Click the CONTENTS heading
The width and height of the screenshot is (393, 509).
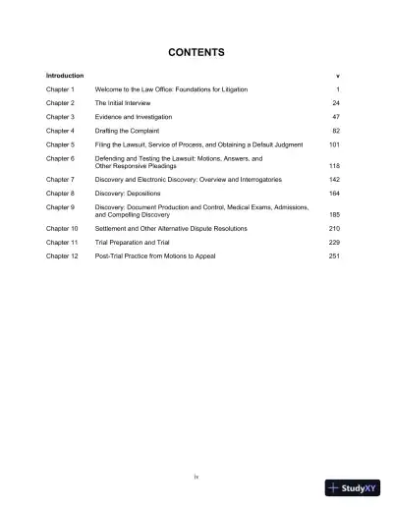pos(196,52)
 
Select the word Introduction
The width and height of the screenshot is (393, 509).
pos(65,75)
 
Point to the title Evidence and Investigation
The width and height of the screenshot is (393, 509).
pos(137,116)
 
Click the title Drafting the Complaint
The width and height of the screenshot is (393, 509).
pos(131,130)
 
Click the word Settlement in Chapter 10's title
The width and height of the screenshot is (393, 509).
pos(112,229)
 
